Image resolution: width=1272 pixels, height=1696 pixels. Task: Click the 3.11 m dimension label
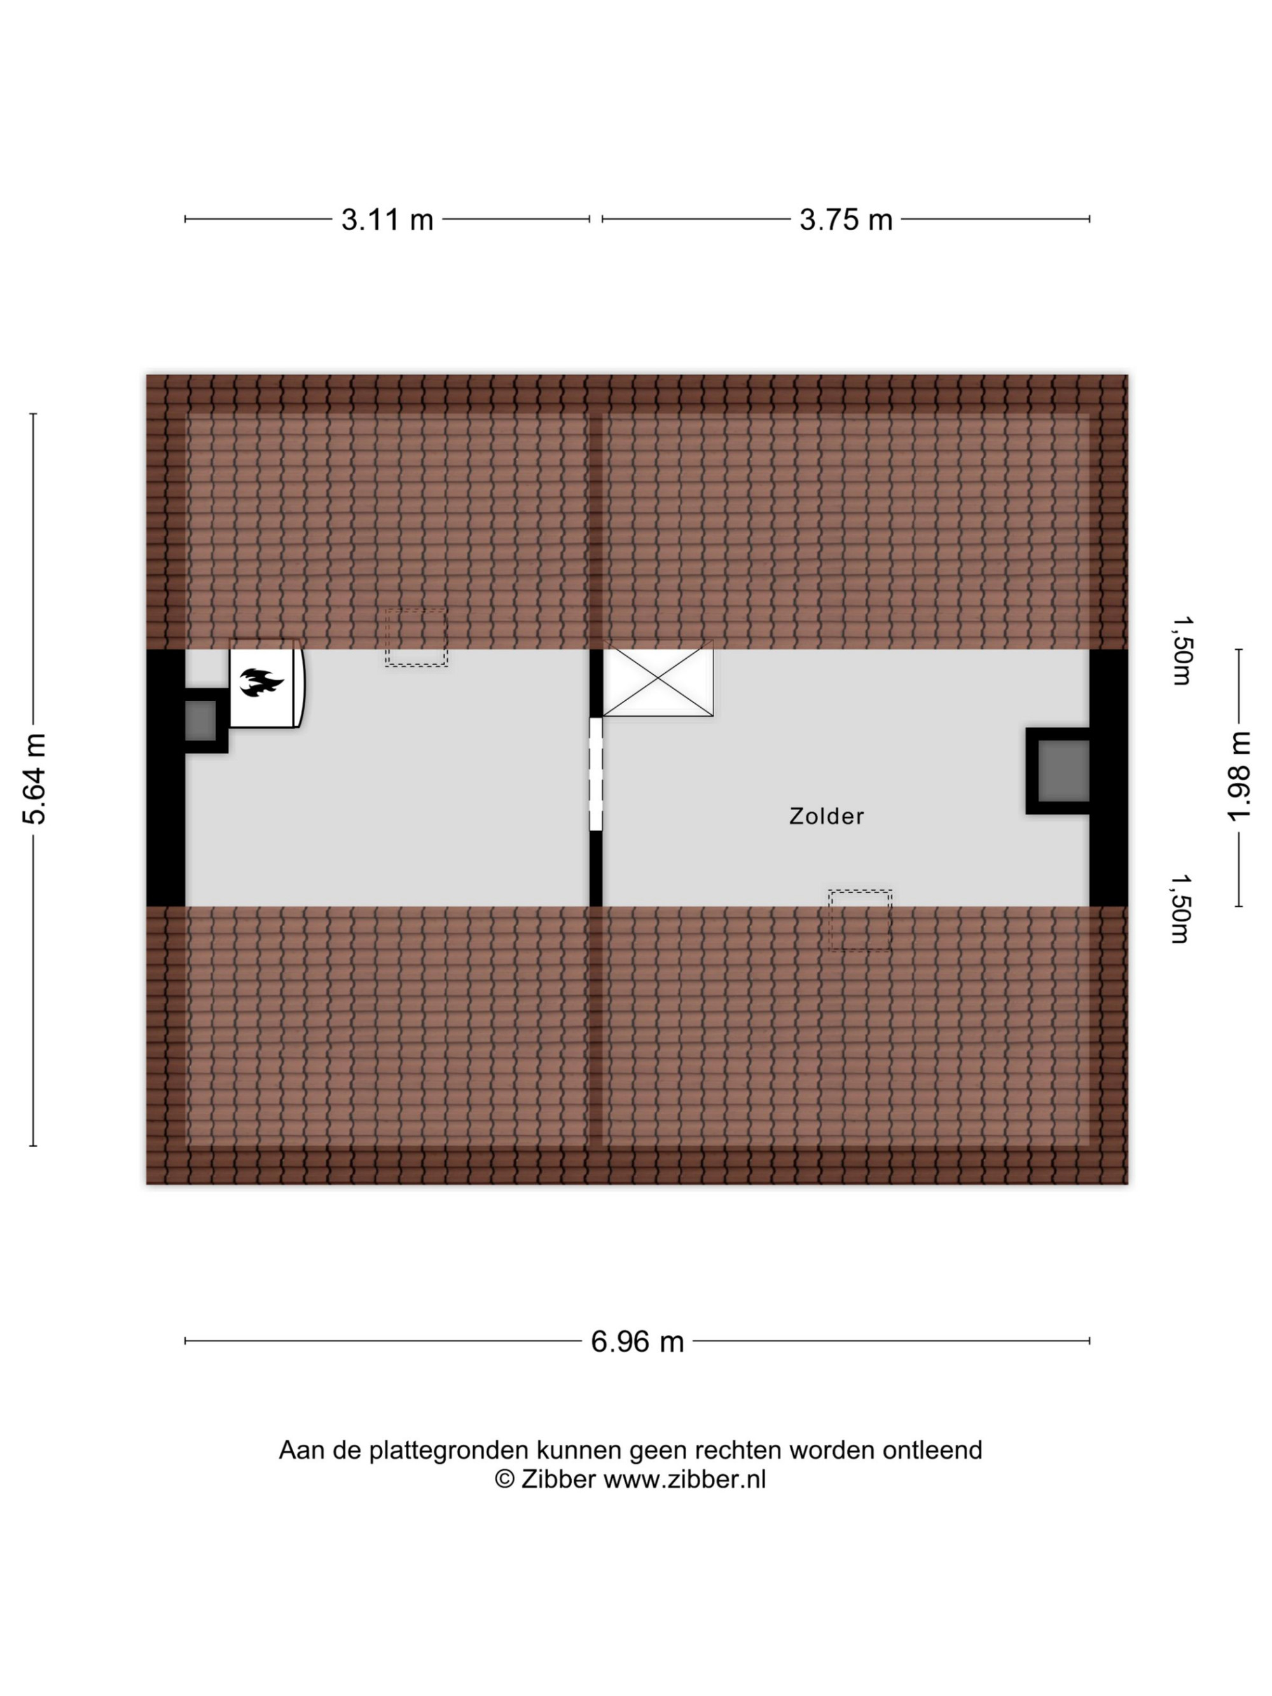click(x=387, y=220)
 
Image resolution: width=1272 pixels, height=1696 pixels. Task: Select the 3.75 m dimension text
click(x=846, y=220)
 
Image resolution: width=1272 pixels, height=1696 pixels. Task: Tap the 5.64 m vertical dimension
click(x=34, y=779)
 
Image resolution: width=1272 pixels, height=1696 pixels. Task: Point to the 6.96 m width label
click(x=637, y=1342)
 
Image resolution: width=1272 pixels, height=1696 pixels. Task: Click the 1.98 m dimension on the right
click(x=1238, y=776)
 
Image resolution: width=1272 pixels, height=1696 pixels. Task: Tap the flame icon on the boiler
click(x=261, y=682)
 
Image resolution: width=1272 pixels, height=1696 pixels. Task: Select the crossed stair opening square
click(x=658, y=679)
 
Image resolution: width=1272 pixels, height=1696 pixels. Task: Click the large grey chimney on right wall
click(x=1063, y=771)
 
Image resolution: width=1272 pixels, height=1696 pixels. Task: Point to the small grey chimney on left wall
click(x=200, y=720)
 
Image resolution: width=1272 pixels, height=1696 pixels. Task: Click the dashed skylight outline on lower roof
click(x=859, y=921)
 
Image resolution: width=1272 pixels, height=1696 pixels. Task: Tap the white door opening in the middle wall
click(x=596, y=774)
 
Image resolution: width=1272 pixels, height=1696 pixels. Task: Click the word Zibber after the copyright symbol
click(x=558, y=1479)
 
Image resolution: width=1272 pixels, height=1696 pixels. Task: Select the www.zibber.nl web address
click(x=685, y=1479)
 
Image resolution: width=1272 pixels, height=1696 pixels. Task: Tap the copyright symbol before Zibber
click(x=504, y=1479)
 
